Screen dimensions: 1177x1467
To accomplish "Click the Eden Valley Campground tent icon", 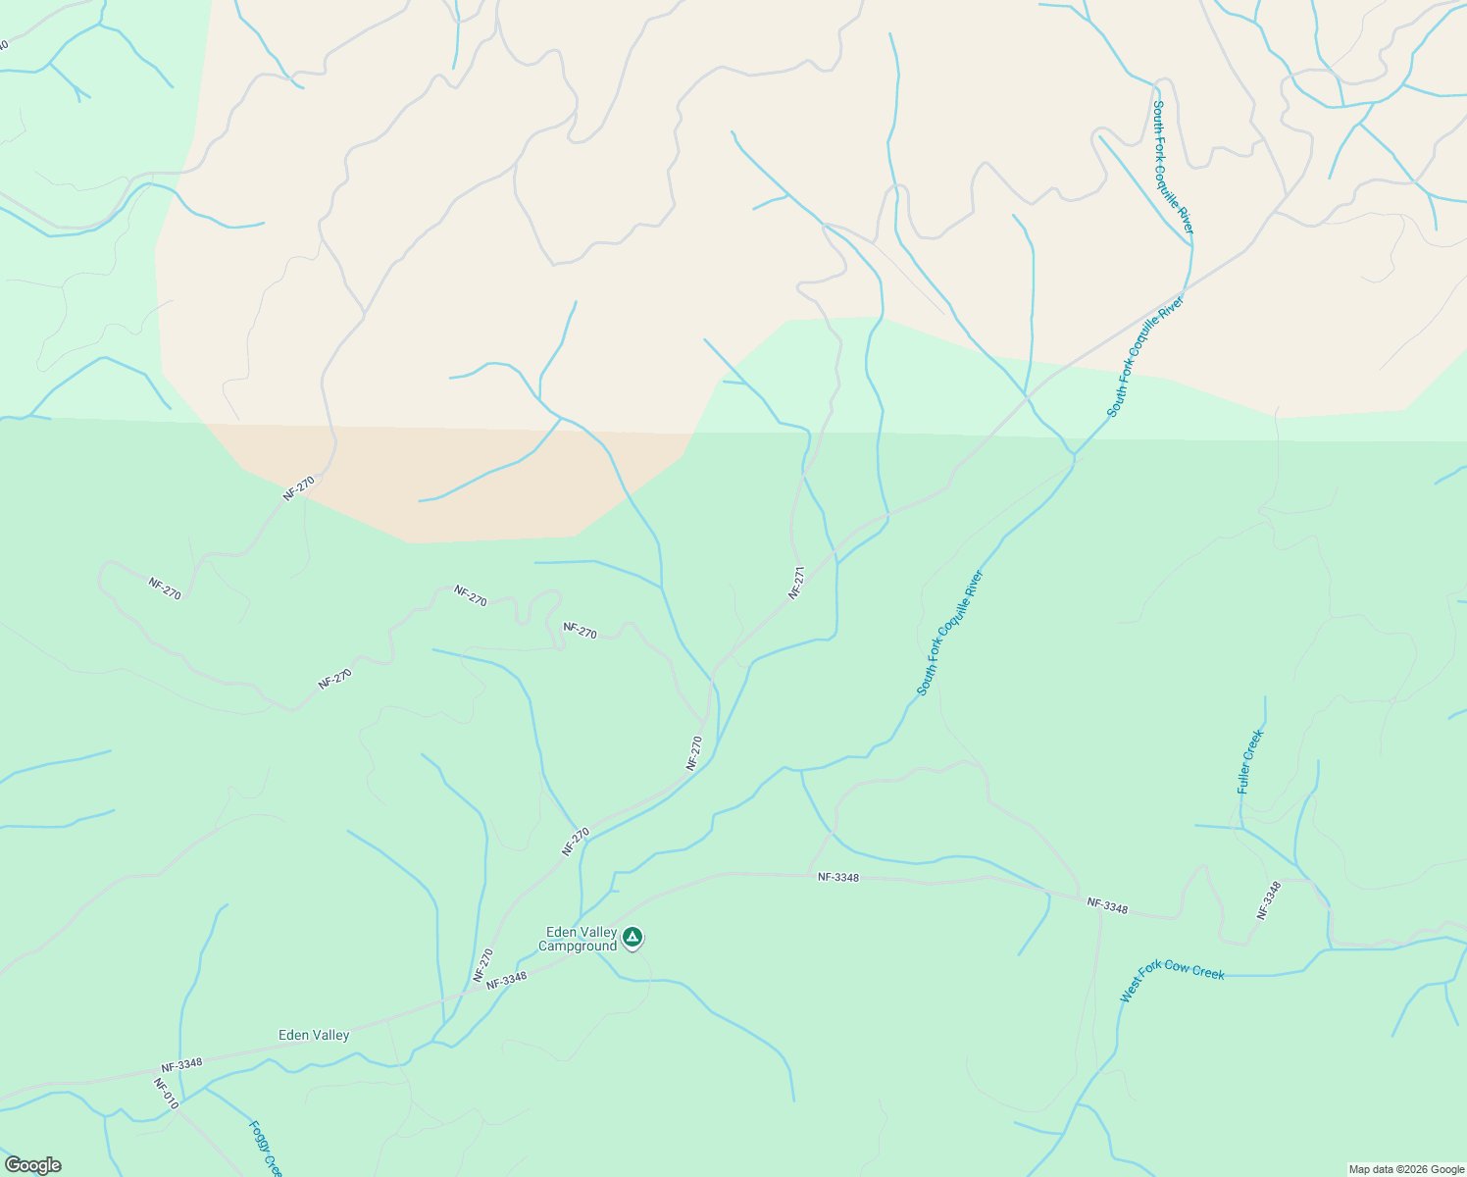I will (633, 938).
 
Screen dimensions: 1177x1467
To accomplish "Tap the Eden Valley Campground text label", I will (579, 939).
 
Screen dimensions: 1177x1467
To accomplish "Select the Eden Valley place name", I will (314, 1035).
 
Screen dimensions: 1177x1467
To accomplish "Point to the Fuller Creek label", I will (1250, 761).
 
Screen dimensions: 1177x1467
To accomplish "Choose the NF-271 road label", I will (796, 583).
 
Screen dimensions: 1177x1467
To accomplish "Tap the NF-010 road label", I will (166, 1094).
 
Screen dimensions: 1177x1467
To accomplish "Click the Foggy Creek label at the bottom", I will (266, 1150).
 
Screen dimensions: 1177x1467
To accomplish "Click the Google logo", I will (32, 1165).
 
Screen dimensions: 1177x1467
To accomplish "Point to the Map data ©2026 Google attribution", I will (1406, 1169).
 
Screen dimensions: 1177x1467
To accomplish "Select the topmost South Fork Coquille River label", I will (1173, 167).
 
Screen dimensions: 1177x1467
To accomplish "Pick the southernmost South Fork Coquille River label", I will (949, 634).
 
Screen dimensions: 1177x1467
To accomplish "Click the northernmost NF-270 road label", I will (298, 488).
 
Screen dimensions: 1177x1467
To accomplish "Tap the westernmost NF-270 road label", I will (165, 588).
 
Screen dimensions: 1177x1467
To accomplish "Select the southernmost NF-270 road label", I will (483, 964).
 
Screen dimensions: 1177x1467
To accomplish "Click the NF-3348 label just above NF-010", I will (181, 1063).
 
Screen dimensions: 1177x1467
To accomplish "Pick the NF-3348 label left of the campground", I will (506, 979).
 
